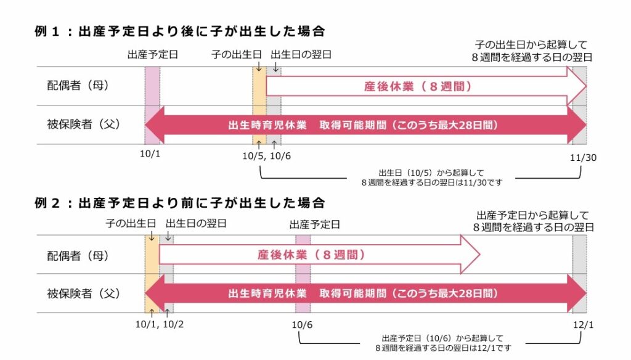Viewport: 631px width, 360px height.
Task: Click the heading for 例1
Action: [x=180, y=31]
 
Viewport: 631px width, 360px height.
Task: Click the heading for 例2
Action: [x=180, y=203]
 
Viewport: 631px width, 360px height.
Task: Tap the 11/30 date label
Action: [x=583, y=158]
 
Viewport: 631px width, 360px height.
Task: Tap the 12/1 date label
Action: [x=583, y=325]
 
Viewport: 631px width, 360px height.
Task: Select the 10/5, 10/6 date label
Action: [x=266, y=156]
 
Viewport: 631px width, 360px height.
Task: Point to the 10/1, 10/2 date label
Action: [x=160, y=324]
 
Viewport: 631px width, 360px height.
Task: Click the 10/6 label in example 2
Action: [x=302, y=325]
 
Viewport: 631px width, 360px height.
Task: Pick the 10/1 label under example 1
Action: [x=150, y=154]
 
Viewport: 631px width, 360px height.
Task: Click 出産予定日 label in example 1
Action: [x=153, y=55]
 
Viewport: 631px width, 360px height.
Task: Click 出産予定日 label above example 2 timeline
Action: [x=315, y=224]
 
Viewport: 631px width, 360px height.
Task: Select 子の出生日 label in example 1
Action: [x=237, y=55]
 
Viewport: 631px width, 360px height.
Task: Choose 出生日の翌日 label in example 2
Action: [x=197, y=224]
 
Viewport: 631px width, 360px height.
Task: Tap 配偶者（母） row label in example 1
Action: [x=78, y=85]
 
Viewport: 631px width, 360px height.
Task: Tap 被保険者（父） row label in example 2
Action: [x=84, y=293]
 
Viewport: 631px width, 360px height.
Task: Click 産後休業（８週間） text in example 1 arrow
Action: [x=418, y=86]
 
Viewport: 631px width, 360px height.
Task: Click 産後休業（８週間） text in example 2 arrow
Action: [x=311, y=255]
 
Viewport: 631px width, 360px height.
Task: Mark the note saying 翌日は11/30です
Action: [x=432, y=182]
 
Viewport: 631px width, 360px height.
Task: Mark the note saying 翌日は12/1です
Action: [x=443, y=348]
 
